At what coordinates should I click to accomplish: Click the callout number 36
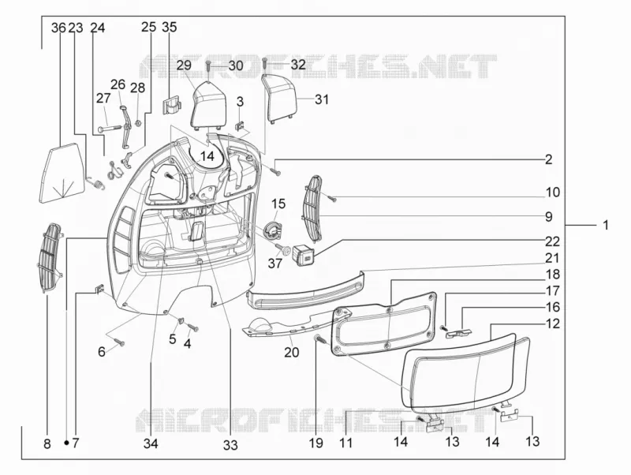click(58, 28)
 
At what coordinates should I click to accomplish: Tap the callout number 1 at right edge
click(606, 225)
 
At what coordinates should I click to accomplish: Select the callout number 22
click(553, 241)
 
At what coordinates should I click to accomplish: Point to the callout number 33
click(230, 445)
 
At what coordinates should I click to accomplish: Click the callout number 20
click(292, 352)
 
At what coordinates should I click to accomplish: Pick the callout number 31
click(322, 99)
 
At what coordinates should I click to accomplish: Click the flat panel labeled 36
click(62, 174)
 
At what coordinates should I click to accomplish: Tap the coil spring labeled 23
click(96, 183)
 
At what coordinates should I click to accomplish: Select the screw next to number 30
click(208, 66)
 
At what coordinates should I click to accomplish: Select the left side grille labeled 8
click(51, 258)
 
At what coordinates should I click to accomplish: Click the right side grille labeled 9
click(312, 208)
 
